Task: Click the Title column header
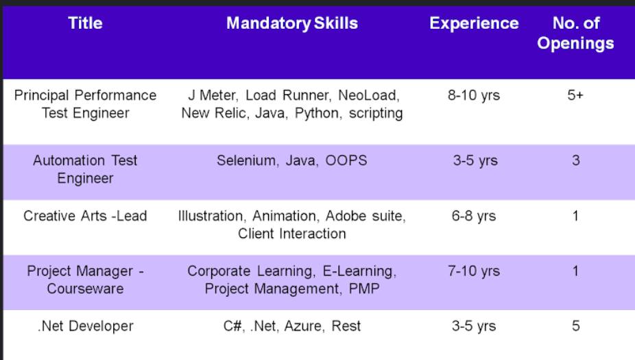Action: tap(85, 23)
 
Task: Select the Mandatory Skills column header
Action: tap(292, 23)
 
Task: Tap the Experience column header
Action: tap(474, 23)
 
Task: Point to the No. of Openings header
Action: tap(575, 33)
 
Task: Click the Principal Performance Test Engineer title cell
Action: tap(85, 104)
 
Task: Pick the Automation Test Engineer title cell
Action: tap(85, 169)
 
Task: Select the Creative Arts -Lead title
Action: tap(85, 216)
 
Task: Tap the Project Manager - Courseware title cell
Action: tap(85, 280)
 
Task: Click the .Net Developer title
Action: tap(85, 326)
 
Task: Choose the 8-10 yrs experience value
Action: tap(474, 95)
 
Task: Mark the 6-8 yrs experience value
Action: tap(474, 216)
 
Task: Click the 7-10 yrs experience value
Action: tap(474, 271)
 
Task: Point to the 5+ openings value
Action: tap(575, 95)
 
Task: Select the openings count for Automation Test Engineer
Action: tap(575, 160)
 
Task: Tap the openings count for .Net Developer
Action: tap(575, 326)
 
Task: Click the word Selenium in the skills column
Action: tap(248, 160)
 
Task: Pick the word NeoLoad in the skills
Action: tap(368, 95)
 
